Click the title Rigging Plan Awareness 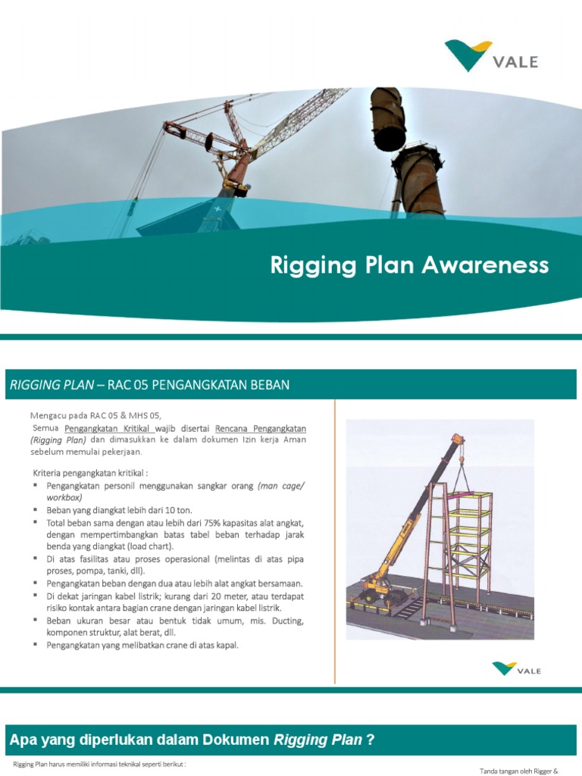click(x=409, y=265)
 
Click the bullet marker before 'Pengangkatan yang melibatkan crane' click(x=36, y=644)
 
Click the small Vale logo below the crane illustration click(x=516, y=669)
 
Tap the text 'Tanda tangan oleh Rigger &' click(x=519, y=771)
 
